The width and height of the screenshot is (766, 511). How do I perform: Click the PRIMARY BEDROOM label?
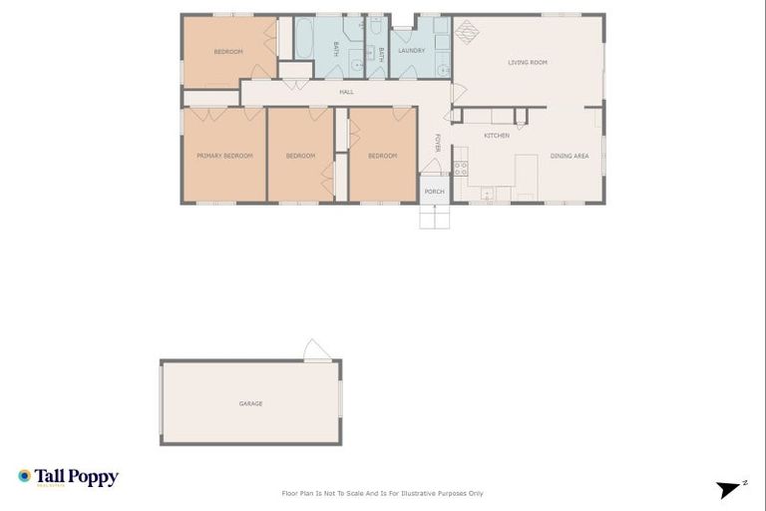click(224, 156)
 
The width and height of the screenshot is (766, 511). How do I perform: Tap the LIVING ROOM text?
click(528, 62)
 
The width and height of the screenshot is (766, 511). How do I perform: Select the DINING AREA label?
click(569, 156)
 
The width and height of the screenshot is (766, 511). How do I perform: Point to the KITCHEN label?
click(497, 136)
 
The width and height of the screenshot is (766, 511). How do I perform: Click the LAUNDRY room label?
click(411, 50)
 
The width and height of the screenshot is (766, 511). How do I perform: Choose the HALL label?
click(346, 92)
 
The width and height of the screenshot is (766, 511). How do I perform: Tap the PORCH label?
click(434, 192)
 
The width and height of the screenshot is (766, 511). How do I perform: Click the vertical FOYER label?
click(437, 143)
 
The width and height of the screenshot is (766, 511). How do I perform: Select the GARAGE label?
click(250, 403)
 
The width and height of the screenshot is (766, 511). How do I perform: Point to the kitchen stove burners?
click(461, 168)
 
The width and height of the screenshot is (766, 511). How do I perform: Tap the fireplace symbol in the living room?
click(467, 30)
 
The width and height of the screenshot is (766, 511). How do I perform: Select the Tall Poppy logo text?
click(77, 477)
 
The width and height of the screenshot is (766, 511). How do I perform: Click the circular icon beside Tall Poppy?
click(25, 477)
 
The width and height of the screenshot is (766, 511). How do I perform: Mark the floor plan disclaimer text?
click(383, 493)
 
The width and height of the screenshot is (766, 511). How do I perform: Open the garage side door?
click(316, 351)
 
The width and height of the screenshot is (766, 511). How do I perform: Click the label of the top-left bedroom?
click(228, 51)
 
